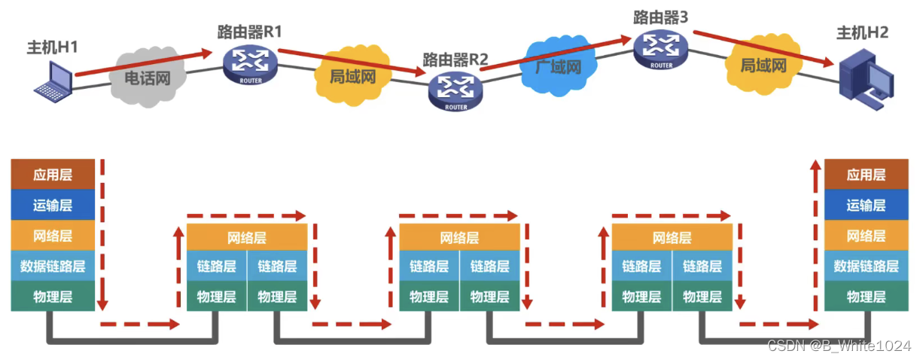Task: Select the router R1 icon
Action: [x=250, y=65]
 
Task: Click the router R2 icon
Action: [x=455, y=90]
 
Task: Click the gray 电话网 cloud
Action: [x=147, y=76]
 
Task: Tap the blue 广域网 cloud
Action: [x=558, y=66]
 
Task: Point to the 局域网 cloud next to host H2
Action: [x=763, y=66]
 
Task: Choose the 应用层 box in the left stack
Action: [x=53, y=175]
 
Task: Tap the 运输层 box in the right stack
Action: [x=865, y=205]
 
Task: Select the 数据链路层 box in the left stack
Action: [x=53, y=266]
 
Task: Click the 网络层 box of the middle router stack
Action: [x=459, y=238]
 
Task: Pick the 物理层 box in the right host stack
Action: [x=865, y=296]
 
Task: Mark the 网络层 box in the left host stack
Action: [x=53, y=236]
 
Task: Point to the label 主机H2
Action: [x=862, y=32]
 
